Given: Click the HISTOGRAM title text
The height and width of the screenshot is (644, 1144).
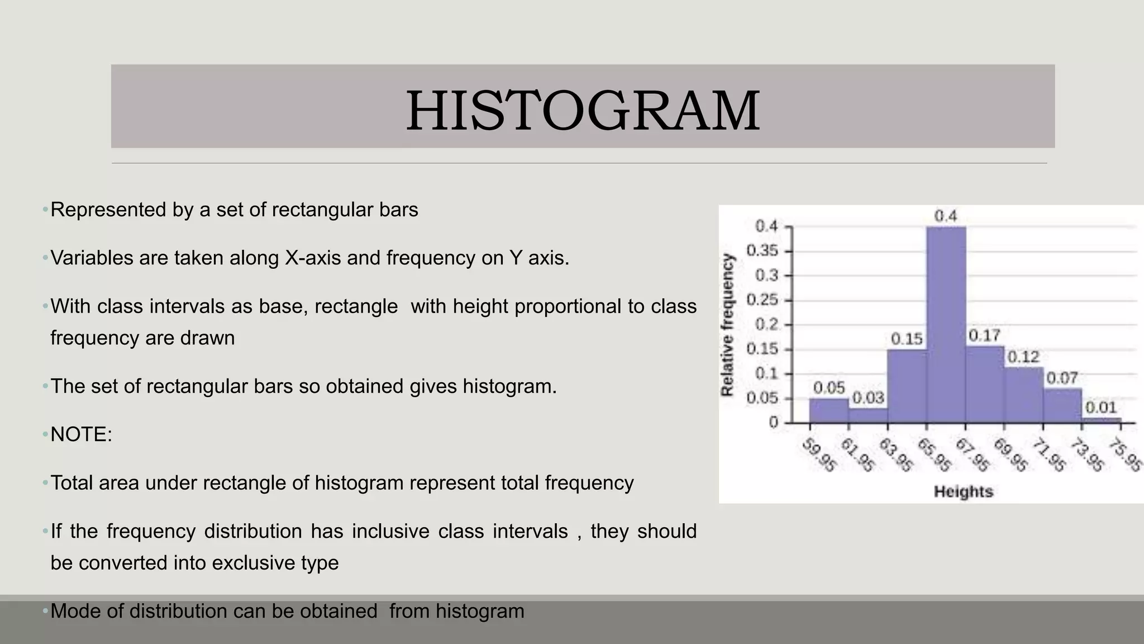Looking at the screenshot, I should (x=583, y=111).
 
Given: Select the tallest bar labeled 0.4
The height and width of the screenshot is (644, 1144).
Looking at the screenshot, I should (x=946, y=324).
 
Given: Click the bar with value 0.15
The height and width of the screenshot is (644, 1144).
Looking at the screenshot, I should (x=907, y=386).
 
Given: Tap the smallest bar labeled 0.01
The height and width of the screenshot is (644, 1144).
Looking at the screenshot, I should (x=1101, y=420).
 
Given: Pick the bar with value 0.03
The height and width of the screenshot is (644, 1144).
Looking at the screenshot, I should (x=867, y=415).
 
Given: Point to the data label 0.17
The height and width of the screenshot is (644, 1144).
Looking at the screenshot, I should (x=984, y=335).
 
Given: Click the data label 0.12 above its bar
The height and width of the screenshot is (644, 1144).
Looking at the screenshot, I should (x=1023, y=357).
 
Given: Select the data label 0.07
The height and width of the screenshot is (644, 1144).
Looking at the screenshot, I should (x=1061, y=378).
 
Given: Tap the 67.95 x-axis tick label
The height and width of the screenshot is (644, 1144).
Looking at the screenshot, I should (x=973, y=455).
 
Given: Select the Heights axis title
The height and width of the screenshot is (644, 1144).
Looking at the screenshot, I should (x=963, y=492).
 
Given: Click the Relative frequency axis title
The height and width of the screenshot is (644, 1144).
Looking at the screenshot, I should (x=727, y=325).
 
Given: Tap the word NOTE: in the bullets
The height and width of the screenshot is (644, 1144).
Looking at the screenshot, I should (x=82, y=434).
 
